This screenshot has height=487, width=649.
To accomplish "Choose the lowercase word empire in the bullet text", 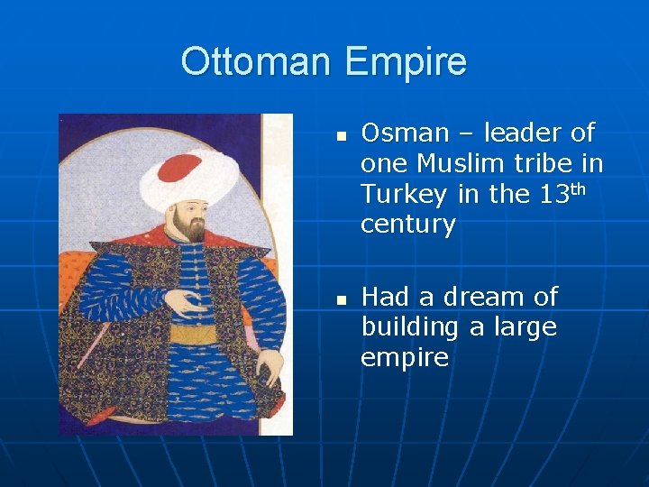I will click(x=404, y=358).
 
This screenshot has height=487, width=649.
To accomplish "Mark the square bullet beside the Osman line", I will click(x=341, y=136).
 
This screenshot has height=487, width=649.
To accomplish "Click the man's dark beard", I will click(x=190, y=229).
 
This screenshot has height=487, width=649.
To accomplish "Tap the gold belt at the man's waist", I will click(x=193, y=335).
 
